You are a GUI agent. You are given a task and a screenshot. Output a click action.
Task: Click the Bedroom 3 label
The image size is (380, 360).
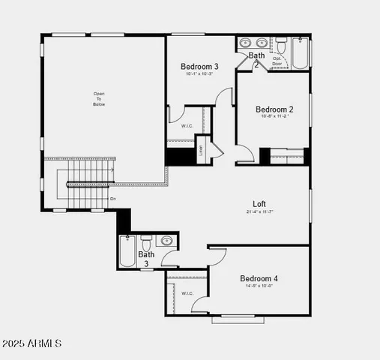click(x=199, y=65)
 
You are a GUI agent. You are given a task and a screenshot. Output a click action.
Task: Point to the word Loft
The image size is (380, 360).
click(x=259, y=203)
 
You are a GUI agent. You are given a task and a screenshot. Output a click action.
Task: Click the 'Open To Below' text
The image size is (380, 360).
click(x=99, y=99)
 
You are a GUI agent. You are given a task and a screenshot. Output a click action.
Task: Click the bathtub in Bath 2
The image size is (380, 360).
click(x=299, y=53)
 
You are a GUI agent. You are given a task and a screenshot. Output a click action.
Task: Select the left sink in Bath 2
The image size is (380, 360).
click(x=245, y=43)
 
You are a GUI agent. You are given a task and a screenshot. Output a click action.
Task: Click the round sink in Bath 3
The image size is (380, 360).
click(x=166, y=241)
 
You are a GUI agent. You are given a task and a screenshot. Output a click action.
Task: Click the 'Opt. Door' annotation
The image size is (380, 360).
click(x=277, y=61)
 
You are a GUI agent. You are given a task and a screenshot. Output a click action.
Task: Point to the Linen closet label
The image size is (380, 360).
click(x=201, y=148)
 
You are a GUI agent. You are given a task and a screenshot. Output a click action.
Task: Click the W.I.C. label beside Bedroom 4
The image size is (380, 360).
click(x=187, y=293)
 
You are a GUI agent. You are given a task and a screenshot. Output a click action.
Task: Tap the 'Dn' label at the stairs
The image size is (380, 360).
click(x=112, y=198)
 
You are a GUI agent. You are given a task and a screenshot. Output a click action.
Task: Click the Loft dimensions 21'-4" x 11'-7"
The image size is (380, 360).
click(x=259, y=211)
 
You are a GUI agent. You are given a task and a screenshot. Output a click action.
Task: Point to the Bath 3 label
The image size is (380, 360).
click(x=145, y=259)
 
